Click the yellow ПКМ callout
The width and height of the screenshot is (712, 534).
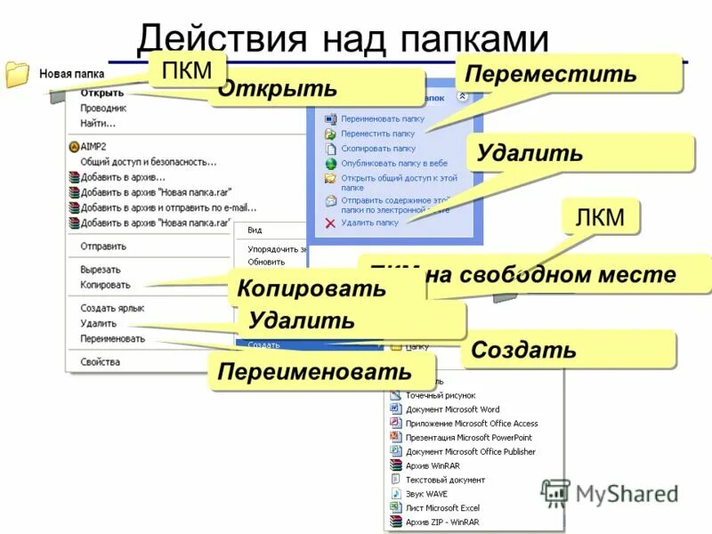[x=187, y=70]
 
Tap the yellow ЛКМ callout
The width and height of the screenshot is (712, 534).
[x=600, y=216]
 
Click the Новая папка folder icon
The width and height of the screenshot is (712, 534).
[x=18, y=74]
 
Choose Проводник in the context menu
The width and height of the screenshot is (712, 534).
[x=103, y=108]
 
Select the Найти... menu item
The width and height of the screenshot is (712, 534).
[x=98, y=123]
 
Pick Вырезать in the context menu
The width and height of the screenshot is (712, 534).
[x=101, y=269]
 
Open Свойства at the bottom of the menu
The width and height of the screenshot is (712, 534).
[x=100, y=361]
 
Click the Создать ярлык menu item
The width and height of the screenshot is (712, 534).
[x=112, y=308]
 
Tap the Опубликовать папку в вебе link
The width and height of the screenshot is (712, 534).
[x=392, y=163]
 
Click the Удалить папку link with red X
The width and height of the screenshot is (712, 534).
[x=368, y=222]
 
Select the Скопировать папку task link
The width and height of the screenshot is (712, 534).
[x=377, y=149]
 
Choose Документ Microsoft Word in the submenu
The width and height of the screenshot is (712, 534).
[x=452, y=409]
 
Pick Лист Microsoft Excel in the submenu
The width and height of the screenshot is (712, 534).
[x=442, y=507]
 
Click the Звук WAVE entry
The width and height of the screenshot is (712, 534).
[x=426, y=493]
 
